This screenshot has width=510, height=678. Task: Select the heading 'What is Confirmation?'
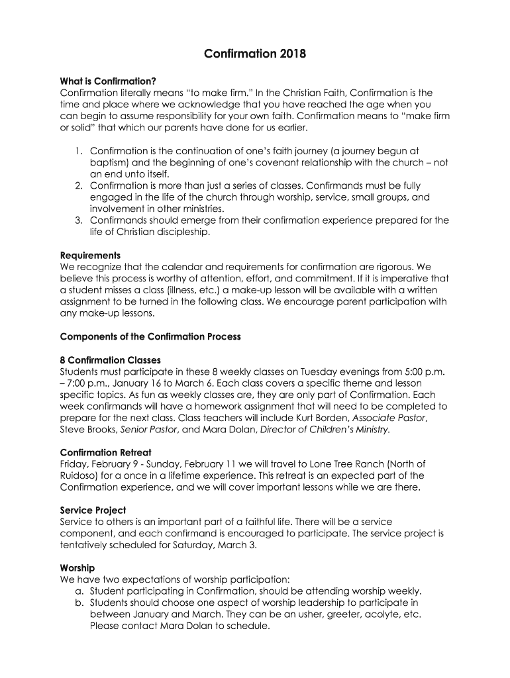108,81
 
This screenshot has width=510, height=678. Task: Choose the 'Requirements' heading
90,256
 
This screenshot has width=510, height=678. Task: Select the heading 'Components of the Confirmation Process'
150,336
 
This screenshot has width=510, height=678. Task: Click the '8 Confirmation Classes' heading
110,360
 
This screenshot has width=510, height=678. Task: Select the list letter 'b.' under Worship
79,603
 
